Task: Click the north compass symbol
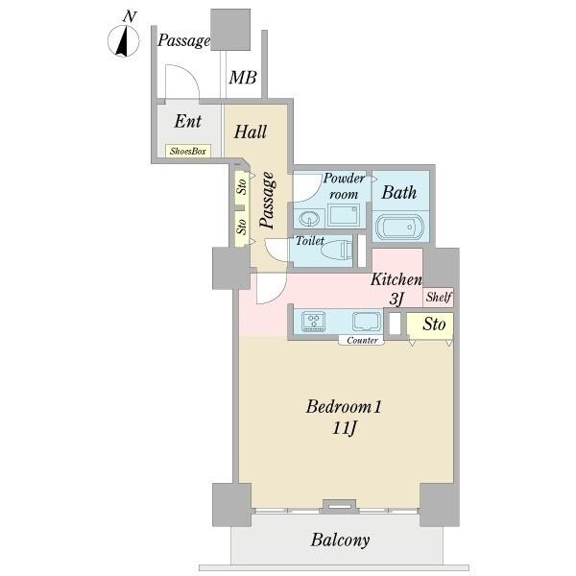(x=124, y=40)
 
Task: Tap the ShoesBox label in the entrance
(x=188, y=151)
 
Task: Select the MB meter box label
(x=243, y=78)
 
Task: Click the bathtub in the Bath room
(x=400, y=227)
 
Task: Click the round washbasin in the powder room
(x=309, y=219)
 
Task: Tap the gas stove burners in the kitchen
(x=313, y=321)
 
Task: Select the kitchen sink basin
(x=366, y=322)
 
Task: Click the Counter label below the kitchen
(x=362, y=341)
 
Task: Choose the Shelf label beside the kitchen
(x=439, y=297)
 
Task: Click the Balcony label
(x=340, y=540)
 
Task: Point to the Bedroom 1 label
(x=345, y=407)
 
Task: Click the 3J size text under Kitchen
(x=396, y=299)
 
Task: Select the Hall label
(x=251, y=132)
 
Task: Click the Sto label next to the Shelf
(x=434, y=324)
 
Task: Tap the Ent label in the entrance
(x=188, y=121)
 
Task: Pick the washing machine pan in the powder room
(x=344, y=216)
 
